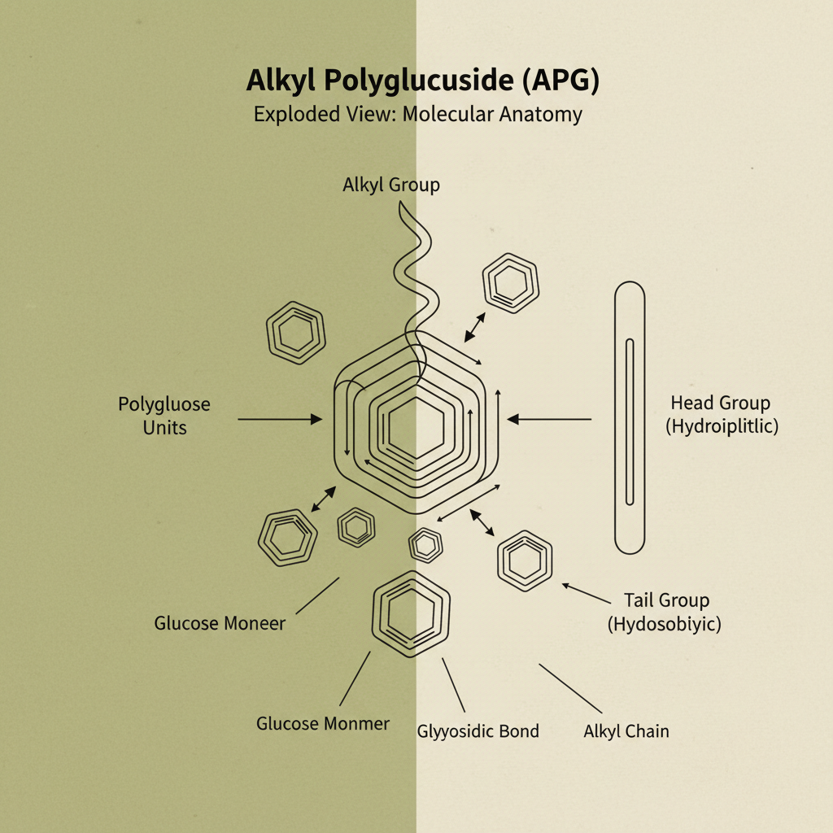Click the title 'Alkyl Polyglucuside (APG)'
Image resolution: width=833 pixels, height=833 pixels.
(x=416, y=82)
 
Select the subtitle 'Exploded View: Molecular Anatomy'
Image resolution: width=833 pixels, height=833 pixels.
(x=416, y=114)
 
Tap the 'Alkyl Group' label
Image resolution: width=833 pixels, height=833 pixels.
(x=390, y=185)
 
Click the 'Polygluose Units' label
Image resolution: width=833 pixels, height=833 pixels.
(x=164, y=415)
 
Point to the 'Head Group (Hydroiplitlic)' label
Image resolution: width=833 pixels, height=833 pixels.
(x=721, y=414)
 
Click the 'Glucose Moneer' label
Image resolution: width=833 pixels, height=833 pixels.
(x=220, y=623)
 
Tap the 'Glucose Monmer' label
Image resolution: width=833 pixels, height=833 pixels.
(x=323, y=723)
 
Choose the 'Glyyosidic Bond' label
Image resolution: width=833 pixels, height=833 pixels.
(x=478, y=731)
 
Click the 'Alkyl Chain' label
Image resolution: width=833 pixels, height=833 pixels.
(x=626, y=731)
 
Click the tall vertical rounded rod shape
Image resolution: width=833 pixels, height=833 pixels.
(x=630, y=418)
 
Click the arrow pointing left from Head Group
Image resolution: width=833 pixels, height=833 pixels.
(x=550, y=419)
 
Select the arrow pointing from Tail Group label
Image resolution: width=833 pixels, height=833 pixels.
(x=586, y=593)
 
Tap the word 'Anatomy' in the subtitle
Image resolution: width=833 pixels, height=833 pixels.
(x=541, y=114)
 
